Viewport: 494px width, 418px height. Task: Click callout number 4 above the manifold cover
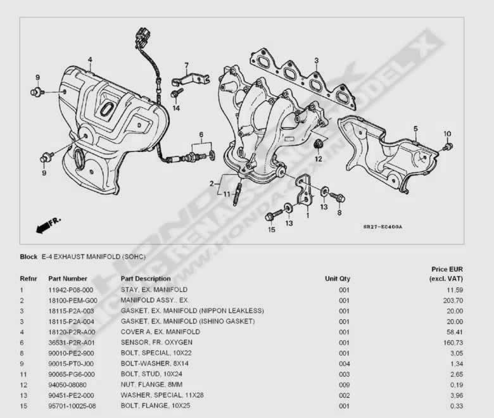click(x=90, y=60)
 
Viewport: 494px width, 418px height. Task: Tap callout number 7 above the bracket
click(x=186, y=65)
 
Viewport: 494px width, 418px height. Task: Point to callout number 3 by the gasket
click(x=316, y=60)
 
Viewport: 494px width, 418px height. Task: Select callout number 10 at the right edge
click(x=447, y=134)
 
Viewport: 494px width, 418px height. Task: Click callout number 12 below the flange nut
click(x=319, y=159)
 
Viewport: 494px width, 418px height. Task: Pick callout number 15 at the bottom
click(x=272, y=230)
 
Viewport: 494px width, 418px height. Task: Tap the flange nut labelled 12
click(x=318, y=144)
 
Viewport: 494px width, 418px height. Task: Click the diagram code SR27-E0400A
click(x=383, y=227)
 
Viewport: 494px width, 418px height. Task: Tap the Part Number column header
click(x=68, y=279)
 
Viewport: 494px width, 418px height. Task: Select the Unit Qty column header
click(x=338, y=279)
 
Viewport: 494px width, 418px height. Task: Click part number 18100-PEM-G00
click(x=73, y=300)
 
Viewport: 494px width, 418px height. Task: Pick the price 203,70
click(x=453, y=300)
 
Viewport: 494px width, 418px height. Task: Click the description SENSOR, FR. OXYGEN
click(x=156, y=343)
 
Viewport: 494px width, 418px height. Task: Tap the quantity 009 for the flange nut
click(x=344, y=385)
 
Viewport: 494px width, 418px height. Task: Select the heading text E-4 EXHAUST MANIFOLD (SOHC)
click(x=94, y=256)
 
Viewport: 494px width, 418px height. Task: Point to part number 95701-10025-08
click(x=72, y=406)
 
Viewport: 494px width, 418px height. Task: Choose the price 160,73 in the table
click(x=453, y=343)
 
